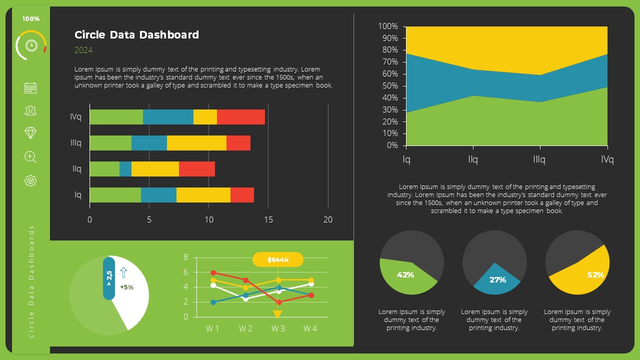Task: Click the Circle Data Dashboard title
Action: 136,35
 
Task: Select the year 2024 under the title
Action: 83,50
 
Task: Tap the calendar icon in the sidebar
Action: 30,88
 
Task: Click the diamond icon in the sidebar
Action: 30,133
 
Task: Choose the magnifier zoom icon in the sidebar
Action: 30,157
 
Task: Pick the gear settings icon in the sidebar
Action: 30,181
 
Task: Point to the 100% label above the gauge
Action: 31,19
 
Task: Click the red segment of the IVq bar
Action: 240,117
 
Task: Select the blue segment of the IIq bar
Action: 125,169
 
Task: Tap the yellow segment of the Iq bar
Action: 203,195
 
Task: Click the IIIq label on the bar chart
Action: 76,143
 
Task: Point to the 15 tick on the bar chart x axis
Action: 268,219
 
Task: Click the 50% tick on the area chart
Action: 388,86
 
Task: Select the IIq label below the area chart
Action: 473,160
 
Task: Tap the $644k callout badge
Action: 278,260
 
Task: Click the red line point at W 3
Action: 278,302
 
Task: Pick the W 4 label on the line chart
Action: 310,328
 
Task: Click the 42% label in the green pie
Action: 405,275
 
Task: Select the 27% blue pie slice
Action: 495,281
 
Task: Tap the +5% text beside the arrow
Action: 127,287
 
